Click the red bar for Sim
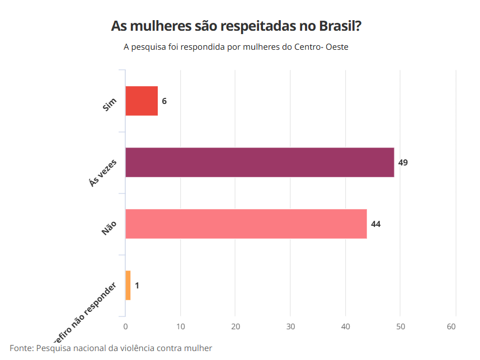(142, 101)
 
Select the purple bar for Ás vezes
(260, 163)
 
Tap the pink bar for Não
(246, 224)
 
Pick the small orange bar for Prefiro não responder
(128, 286)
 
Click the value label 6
(164, 101)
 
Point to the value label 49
(403, 163)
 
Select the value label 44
(376, 224)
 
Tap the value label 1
(137, 286)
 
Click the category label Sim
(110, 105)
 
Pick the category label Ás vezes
(103, 172)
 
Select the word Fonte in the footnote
(21, 348)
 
